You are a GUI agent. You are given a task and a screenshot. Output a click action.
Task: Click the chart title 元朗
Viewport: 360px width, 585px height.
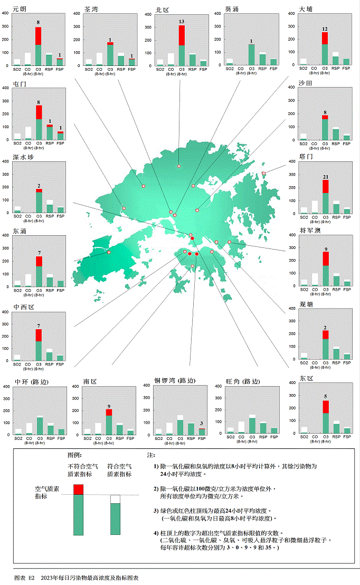coord(20,9)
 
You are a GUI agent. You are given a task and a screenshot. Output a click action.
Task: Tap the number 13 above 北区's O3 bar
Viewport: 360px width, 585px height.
coord(182,22)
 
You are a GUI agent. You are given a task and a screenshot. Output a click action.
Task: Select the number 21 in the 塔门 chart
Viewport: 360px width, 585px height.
coord(326,177)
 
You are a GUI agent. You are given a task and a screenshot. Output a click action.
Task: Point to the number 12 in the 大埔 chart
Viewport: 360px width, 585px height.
coord(325,29)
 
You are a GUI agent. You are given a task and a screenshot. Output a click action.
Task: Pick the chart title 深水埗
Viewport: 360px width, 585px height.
coord(23,157)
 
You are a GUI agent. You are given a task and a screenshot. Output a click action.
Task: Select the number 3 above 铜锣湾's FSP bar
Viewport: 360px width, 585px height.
coord(201,424)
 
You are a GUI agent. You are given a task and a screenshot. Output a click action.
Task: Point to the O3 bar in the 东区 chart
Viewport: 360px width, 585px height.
coord(326,417)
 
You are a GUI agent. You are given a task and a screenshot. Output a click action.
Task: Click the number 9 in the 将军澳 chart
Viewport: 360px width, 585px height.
coord(326,248)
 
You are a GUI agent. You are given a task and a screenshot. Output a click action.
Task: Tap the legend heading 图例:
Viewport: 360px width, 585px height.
coord(74,454)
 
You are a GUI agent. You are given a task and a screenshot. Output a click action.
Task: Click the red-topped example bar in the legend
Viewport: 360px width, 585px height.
coord(78,509)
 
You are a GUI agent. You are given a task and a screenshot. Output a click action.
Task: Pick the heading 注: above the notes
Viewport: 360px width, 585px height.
coord(150,454)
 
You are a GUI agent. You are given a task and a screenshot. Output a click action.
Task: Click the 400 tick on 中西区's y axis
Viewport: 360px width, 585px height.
coord(5,312)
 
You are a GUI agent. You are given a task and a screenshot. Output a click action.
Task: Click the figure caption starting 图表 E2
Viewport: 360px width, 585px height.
coord(76,578)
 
